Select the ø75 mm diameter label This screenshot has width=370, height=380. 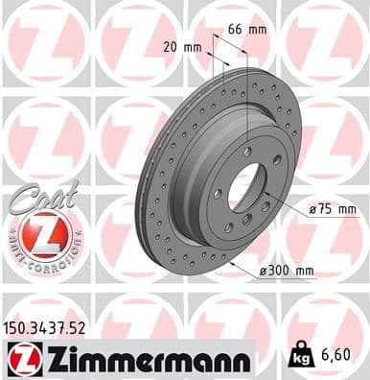tap(335, 208)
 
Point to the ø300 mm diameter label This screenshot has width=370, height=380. tap(287, 272)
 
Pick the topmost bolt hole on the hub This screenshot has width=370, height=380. tap(248, 152)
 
